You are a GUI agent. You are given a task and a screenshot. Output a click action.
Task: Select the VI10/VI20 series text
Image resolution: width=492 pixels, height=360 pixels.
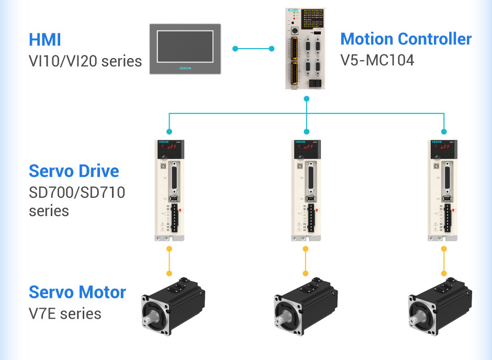tap(85, 61)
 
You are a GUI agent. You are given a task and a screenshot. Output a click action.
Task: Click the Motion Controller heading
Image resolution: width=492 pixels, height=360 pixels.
tap(406, 39)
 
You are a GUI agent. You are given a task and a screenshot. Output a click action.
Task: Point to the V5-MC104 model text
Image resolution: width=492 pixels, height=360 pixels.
tap(377, 60)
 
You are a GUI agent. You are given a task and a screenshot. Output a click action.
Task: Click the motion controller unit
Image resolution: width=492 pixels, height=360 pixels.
tap(307, 48)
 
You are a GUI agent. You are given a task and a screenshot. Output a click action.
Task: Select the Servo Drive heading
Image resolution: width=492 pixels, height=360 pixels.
tap(74, 171)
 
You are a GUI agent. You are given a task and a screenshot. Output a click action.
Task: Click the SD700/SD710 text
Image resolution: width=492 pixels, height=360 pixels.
tap(77, 193)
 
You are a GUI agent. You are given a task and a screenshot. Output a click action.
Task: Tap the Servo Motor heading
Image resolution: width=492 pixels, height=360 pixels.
tap(77, 292)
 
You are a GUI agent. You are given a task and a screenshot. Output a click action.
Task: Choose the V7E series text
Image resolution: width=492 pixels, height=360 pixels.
tap(65, 313)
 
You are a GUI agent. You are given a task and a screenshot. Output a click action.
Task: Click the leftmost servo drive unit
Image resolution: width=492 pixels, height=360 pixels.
tap(169, 189)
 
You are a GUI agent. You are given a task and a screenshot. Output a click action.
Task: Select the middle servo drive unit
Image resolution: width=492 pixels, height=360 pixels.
tap(306, 189)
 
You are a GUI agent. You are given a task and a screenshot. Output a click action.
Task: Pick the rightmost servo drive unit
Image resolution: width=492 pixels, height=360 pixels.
tap(443, 189)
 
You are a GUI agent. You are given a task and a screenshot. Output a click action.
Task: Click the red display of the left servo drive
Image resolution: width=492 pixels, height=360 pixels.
tap(169, 149)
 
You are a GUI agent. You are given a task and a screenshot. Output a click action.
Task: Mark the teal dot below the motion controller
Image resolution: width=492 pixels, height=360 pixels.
tap(307, 98)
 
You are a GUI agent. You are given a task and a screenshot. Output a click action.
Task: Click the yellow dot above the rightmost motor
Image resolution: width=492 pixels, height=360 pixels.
tap(443, 273)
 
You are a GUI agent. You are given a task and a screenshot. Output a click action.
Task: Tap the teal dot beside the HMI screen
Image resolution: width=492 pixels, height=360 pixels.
tap(235, 49)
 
